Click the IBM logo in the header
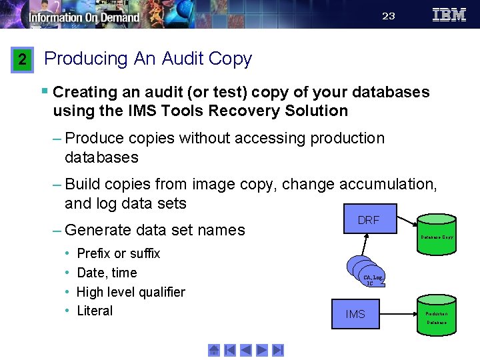(x=449, y=15)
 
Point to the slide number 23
(x=389, y=16)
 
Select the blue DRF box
(x=369, y=219)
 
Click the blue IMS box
(x=355, y=313)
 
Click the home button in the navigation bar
(x=214, y=349)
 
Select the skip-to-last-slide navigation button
(x=278, y=349)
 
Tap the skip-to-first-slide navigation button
(x=230, y=349)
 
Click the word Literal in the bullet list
(x=95, y=311)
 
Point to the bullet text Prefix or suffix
(x=118, y=253)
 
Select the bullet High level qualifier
(x=131, y=292)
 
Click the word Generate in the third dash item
(x=98, y=230)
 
